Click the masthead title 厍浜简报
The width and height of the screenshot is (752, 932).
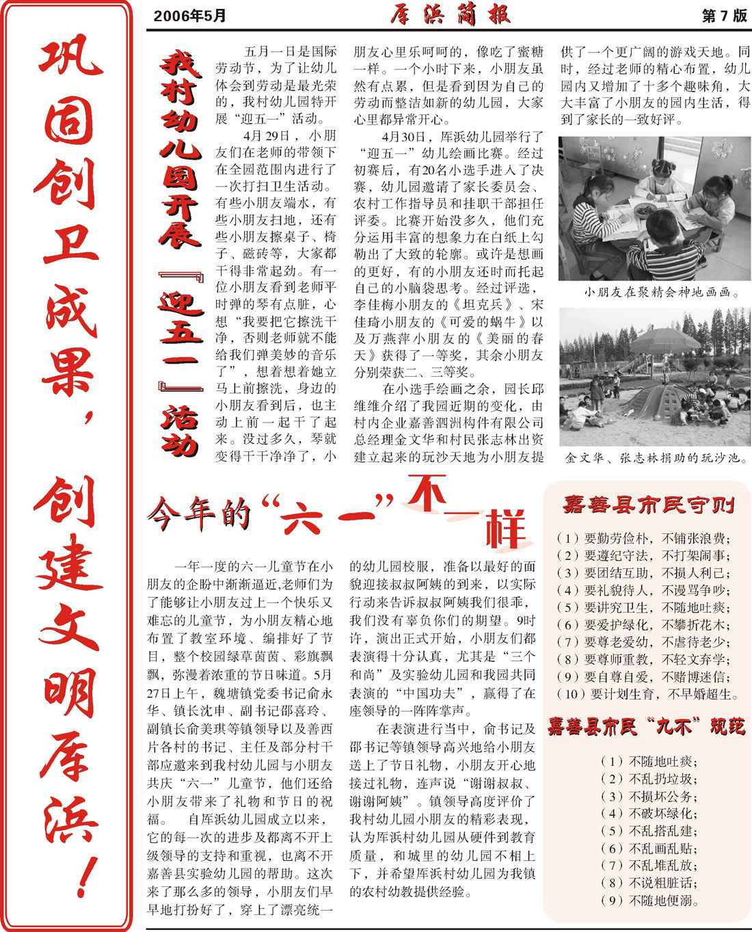pyautogui.click(x=451, y=15)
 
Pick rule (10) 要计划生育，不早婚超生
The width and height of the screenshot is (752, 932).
pyautogui.click(x=647, y=695)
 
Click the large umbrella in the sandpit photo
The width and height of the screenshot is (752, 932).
pyautogui.click(x=654, y=341)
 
